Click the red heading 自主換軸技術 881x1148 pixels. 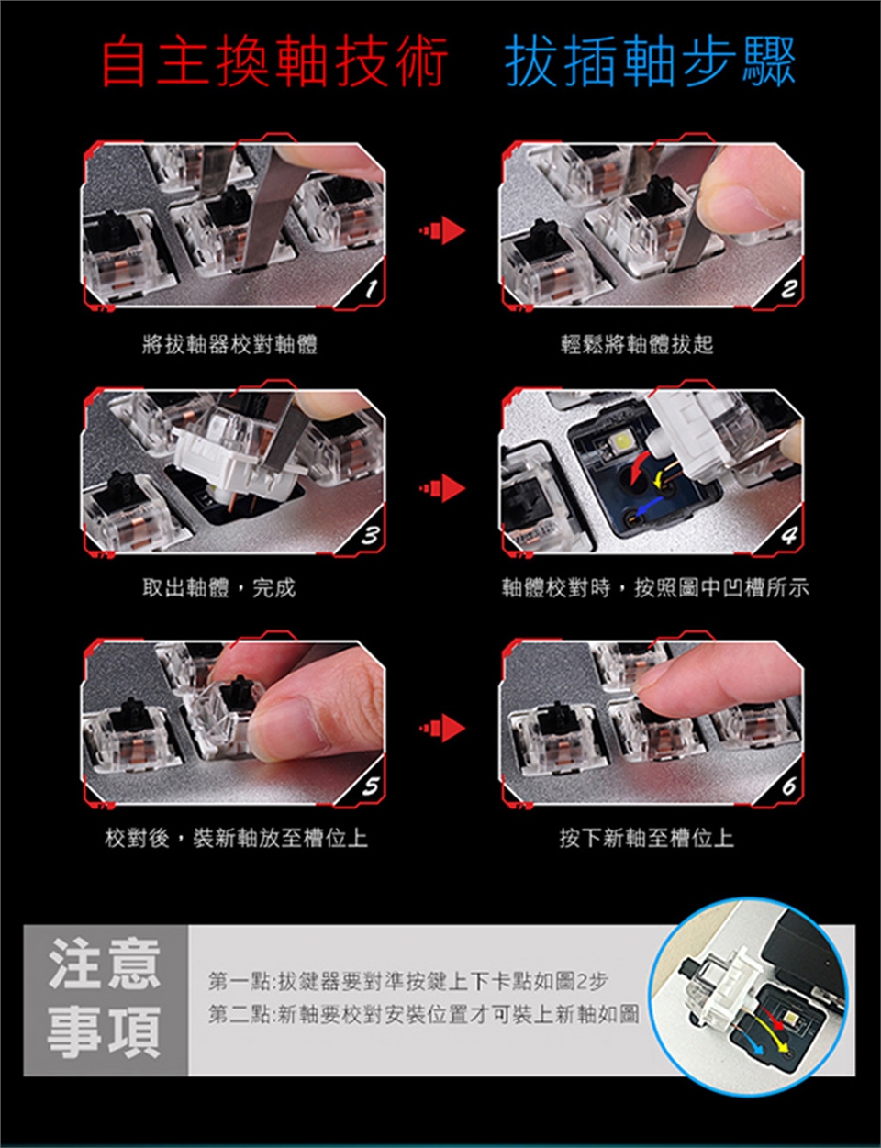pyautogui.click(x=275, y=61)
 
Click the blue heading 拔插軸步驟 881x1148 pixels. pyautogui.click(x=650, y=61)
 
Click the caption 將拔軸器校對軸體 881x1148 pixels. pyautogui.click(x=229, y=345)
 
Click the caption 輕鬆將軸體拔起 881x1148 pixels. pyautogui.click(x=637, y=344)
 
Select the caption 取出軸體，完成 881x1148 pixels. pyautogui.click(x=218, y=587)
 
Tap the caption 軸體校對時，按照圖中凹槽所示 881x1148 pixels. pyautogui.click(x=655, y=587)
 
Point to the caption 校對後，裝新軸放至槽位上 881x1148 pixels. pyautogui.click(x=236, y=838)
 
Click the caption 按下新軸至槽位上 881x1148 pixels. pyautogui.click(x=647, y=838)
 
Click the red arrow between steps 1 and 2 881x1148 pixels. pyautogui.click(x=442, y=231)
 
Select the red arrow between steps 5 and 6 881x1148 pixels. pyautogui.click(x=442, y=729)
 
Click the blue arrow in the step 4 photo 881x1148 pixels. pyautogui.click(x=646, y=507)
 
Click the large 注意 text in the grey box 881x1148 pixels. pyautogui.click(x=104, y=964)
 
